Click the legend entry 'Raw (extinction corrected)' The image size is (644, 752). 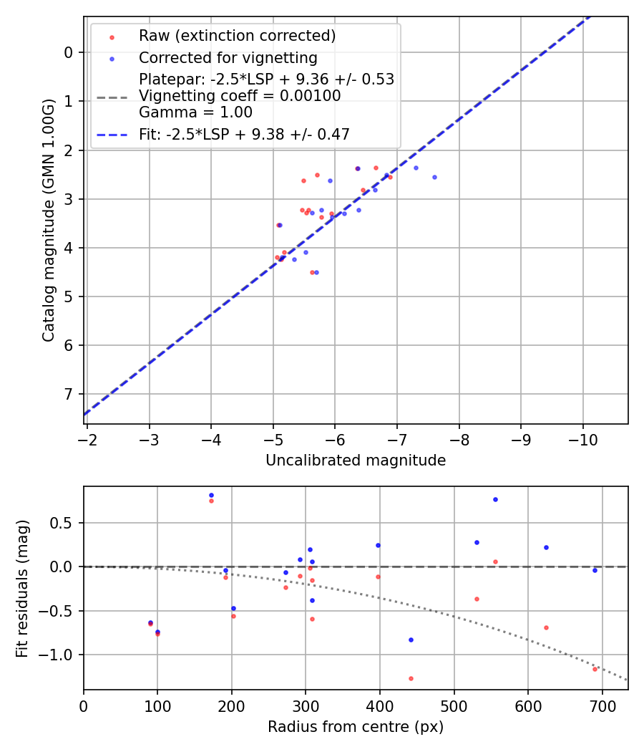(x=237, y=36)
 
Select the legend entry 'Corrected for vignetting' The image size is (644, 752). (x=228, y=57)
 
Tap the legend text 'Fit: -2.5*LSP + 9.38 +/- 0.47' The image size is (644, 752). (x=244, y=134)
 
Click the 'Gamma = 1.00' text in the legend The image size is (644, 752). (x=195, y=112)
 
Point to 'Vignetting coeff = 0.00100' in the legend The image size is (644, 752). (x=240, y=96)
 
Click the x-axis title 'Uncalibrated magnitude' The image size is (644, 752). (x=356, y=461)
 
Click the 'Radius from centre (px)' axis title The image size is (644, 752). (x=356, y=727)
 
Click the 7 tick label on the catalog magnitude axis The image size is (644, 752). (x=69, y=395)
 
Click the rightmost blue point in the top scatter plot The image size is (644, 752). (x=434, y=177)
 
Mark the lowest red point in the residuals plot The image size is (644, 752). (x=411, y=678)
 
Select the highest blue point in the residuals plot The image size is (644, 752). (x=211, y=495)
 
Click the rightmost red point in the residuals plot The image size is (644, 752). (x=595, y=669)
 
